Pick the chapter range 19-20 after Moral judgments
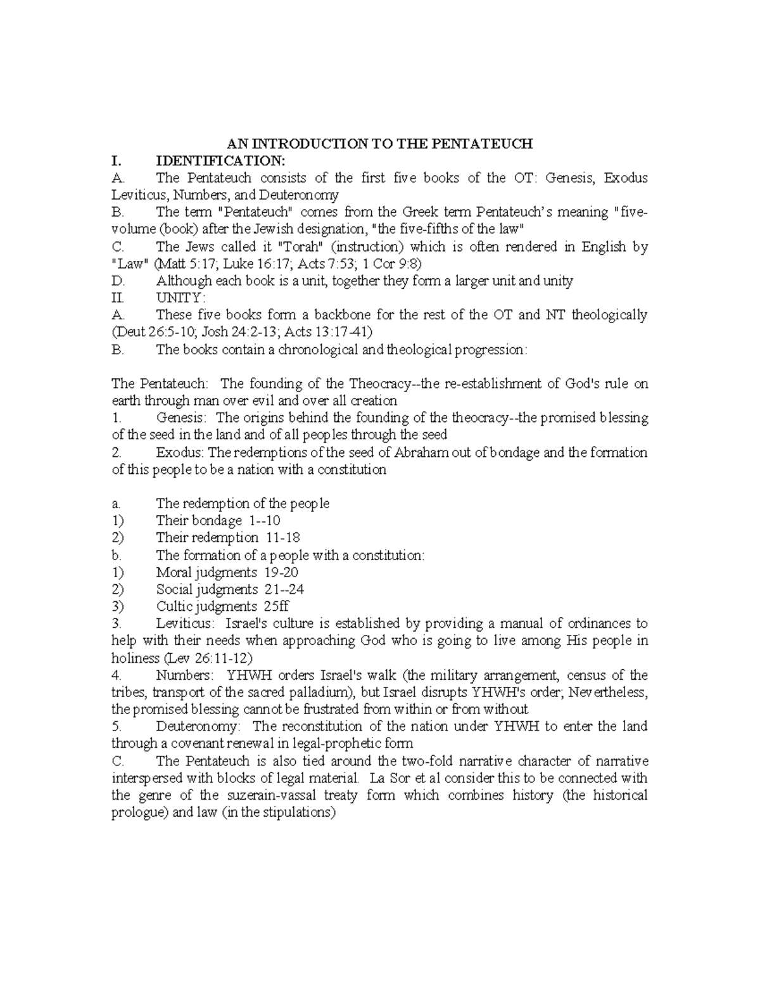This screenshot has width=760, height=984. click(282, 572)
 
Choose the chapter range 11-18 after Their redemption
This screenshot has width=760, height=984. click(282, 538)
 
